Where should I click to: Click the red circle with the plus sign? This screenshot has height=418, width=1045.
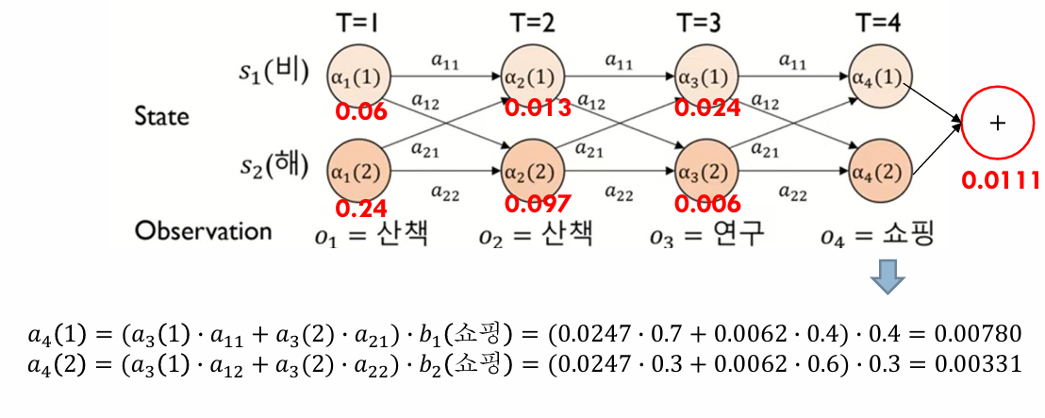[x=1000, y=123]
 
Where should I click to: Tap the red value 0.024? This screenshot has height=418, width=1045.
[x=708, y=108]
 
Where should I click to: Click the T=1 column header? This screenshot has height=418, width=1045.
[x=357, y=22]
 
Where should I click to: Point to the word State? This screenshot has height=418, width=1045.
[x=161, y=116]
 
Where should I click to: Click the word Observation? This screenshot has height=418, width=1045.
[x=203, y=231]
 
